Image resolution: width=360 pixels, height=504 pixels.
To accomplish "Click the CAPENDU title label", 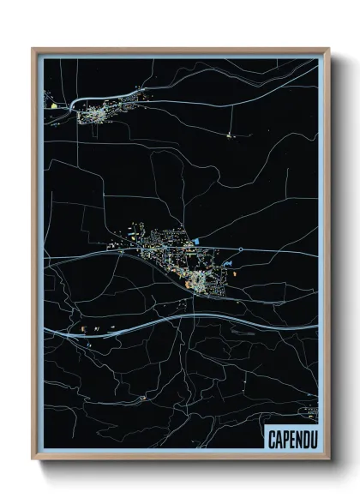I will click(x=290, y=438).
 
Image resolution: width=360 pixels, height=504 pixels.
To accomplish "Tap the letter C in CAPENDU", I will click(x=271, y=438).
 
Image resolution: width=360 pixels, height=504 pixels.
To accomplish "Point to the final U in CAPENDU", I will click(x=310, y=438).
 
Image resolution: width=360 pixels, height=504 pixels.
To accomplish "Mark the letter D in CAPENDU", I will click(x=303, y=438).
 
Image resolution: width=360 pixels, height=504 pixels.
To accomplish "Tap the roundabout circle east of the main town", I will click(x=241, y=249).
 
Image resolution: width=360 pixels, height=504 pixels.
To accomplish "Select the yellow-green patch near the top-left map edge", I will click(x=53, y=105).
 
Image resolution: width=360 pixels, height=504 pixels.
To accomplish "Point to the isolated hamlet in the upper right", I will click(x=230, y=135).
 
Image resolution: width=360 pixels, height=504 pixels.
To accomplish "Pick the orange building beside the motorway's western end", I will click(x=84, y=327).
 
